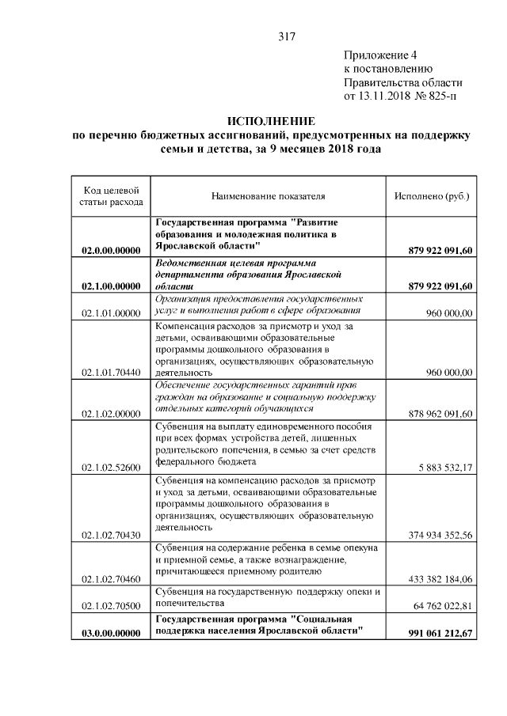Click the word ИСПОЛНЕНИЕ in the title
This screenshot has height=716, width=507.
point(271,121)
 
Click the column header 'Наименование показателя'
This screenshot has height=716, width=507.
point(269,195)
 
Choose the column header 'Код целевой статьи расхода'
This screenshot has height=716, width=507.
point(111,195)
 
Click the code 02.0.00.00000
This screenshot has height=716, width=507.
point(111,251)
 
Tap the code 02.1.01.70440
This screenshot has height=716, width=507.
point(111,372)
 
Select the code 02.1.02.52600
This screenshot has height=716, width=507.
point(111,467)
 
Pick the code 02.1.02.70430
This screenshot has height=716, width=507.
point(111,535)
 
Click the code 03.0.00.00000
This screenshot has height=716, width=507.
point(111,633)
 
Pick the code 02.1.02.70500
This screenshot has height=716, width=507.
point(111,606)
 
